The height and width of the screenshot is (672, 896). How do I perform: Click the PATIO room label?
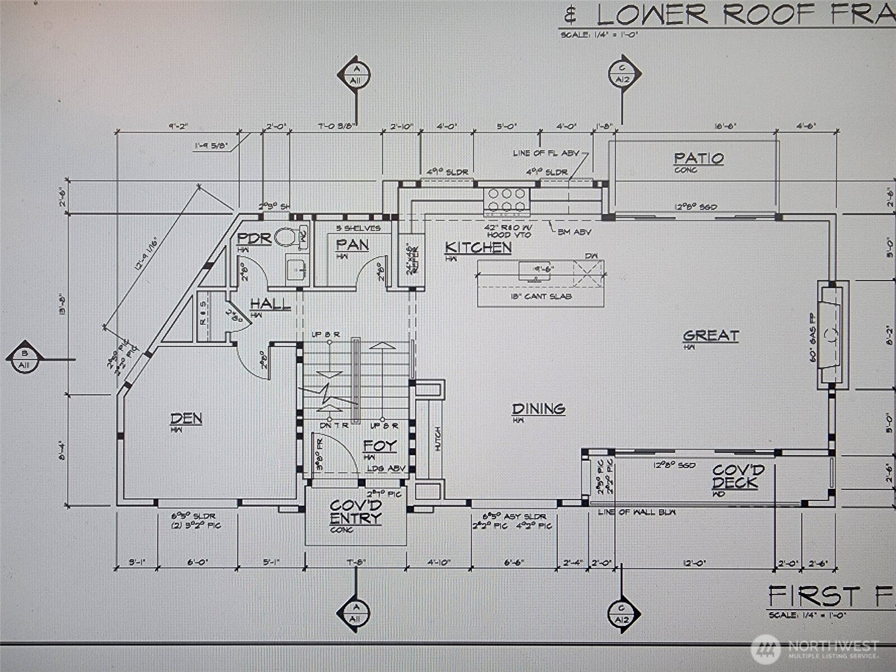pyautogui.click(x=698, y=158)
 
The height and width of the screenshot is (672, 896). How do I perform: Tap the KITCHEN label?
pyautogui.click(x=478, y=248)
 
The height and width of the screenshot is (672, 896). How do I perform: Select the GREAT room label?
pyautogui.click(x=711, y=335)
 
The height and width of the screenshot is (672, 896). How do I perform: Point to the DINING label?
pyautogui.click(x=538, y=409)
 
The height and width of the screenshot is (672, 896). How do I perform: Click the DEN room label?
pyautogui.click(x=186, y=418)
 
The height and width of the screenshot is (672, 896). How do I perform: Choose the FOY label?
pyautogui.click(x=380, y=446)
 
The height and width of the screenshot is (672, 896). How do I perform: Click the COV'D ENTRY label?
pyautogui.click(x=356, y=512)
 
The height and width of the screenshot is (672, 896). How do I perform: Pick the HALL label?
pyautogui.click(x=270, y=304)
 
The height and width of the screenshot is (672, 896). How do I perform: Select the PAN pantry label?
pyautogui.click(x=352, y=245)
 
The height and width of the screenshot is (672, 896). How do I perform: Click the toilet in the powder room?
pyautogui.click(x=287, y=237)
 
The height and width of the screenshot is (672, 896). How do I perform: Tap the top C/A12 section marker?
pyautogui.click(x=623, y=73)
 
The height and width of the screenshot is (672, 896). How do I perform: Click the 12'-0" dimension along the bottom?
pyautogui.click(x=694, y=563)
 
